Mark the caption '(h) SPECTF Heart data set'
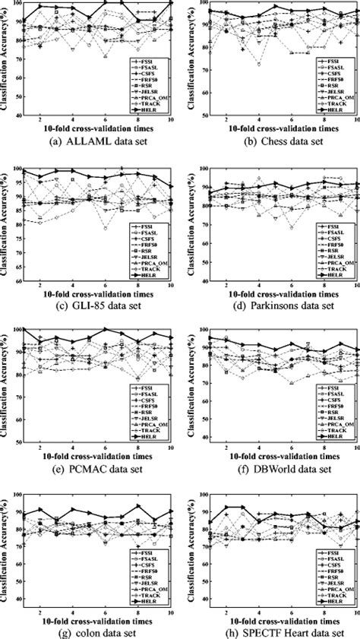click(x=270, y=632)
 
